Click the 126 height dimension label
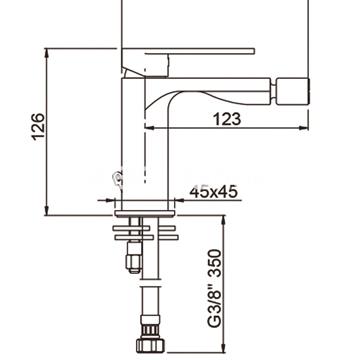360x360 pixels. pos(38,127)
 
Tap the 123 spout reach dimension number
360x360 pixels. pos(227,119)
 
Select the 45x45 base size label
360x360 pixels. pos(214,192)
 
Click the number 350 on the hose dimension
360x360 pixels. pos(214,263)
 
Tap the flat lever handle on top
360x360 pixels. pos(188,51)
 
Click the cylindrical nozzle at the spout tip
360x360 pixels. pos(293,91)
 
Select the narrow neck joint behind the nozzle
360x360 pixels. pos(274,91)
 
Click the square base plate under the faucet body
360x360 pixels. pos(145,214)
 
